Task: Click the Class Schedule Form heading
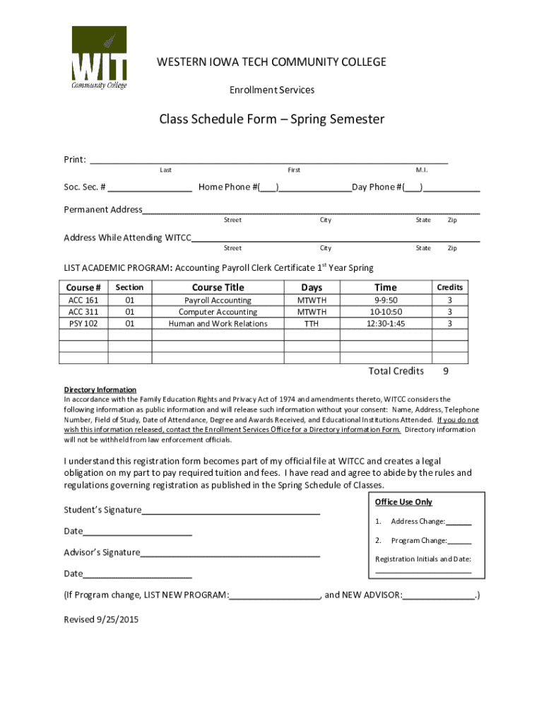tap(271, 119)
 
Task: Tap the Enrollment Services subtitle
tap(272, 90)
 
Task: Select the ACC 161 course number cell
tap(83, 300)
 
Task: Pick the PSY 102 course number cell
tap(83, 323)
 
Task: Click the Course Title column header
tap(218, 287)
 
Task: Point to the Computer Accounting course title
tap(218, 312)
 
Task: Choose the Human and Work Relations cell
tap(218, 323)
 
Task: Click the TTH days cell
tap(312, 323)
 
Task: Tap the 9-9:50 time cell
tap(386, 300)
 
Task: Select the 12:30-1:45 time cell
tap(386, 323)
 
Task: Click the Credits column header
tap(449, 287)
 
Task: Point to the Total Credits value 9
tap(446, 371)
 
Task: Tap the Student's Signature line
tap(231, 510)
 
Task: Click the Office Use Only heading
tap(403, 502)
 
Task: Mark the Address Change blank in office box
tap(459, 522)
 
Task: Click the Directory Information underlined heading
tap(100, 390)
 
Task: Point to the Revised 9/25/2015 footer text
tap(101, 619)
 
